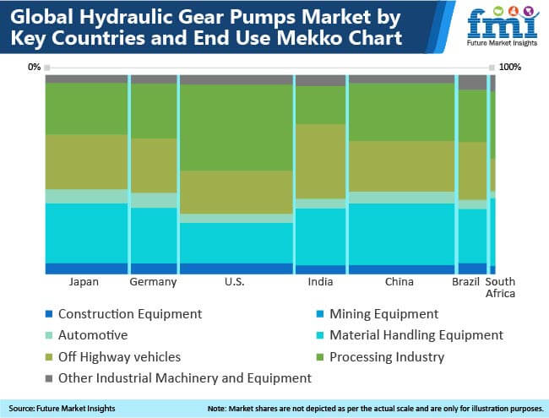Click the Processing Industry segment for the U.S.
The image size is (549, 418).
pos(236,128)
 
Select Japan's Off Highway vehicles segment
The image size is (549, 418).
pos(86,162)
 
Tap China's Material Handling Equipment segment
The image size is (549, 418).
pos(401,234)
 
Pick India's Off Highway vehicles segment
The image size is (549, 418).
pos(321,161)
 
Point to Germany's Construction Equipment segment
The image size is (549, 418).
pos(154,269)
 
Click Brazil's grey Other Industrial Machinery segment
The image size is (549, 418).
pos(472,83)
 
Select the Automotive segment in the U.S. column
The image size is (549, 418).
pos(236,219)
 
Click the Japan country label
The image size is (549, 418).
pos(84,282)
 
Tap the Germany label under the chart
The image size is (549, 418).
pos(153,282)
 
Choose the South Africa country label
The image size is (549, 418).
pos(500,287)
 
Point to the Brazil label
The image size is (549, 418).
pos(465,281)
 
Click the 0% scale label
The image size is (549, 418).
pos(35,67)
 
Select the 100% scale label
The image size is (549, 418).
pos(510,67)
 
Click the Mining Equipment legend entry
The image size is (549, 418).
pos(378,314)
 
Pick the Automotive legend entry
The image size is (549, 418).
pos(87,335)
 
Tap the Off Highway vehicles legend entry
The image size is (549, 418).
pos(113,357)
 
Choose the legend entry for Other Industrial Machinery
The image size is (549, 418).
pos(178,378)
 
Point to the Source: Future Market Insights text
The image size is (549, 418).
pos(62,409)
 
